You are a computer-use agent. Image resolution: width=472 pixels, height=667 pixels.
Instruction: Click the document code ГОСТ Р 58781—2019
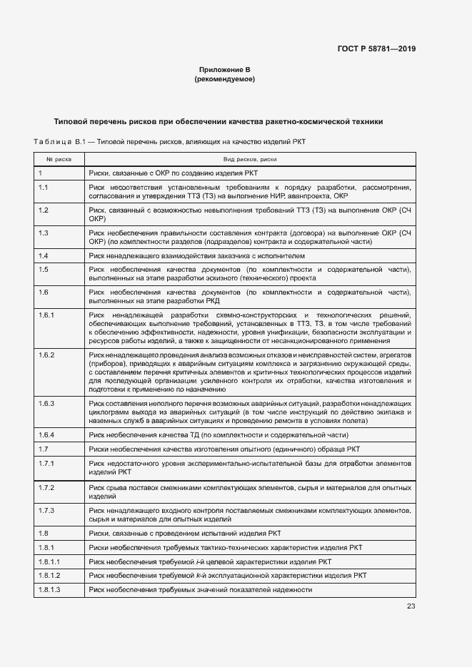tap(376, 49)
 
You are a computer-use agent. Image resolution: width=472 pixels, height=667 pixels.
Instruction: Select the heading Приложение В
tap(224, 70)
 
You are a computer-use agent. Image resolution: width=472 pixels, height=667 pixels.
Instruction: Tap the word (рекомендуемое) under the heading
tap(224, 79)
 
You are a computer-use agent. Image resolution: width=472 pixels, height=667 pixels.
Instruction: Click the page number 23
tap(411, 606)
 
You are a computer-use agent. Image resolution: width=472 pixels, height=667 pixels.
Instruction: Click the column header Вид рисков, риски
tap(250, 160)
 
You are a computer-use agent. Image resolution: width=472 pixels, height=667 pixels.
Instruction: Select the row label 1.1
tap(43, 188)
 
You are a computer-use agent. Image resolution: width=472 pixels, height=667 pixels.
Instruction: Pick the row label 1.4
tap(43, 256)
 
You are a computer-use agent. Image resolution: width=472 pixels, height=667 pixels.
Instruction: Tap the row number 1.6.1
tap(46, 315)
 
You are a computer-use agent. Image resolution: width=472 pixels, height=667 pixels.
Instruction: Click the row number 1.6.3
tap(46, 403)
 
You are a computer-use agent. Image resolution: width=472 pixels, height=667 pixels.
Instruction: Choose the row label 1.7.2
tap(46, 487)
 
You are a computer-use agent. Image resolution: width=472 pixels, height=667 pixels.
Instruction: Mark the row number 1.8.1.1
tap(49, 561)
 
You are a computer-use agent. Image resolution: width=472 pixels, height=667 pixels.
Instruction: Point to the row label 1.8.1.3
tap(49, 590)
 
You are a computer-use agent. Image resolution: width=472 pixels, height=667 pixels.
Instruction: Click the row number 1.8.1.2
tap(49, 576)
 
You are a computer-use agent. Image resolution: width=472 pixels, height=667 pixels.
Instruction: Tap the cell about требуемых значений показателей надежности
tap(201, 590)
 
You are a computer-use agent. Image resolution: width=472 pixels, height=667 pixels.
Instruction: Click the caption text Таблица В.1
tap(55, 142)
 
